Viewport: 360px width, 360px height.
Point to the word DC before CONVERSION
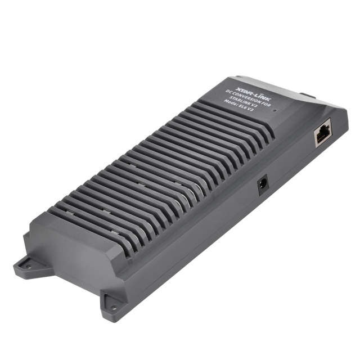[228, 92]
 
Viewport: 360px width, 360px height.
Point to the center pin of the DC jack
[262, 184]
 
